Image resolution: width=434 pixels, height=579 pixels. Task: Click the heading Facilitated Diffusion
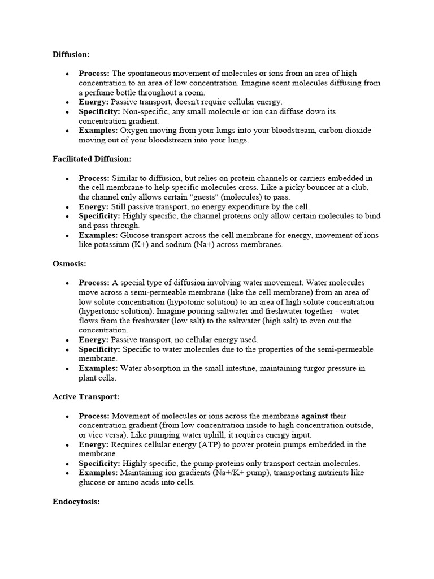(92, 159)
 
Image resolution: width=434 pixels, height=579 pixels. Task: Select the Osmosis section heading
(70, 264)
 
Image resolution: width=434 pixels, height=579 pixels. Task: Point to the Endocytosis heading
(76, 502)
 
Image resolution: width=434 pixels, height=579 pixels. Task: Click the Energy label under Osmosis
(94, 340)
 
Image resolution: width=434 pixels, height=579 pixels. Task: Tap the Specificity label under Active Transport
(99, 463)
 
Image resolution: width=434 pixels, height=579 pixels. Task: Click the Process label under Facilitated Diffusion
(94, 178)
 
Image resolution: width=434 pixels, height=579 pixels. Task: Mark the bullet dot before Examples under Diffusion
(67, 131)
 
